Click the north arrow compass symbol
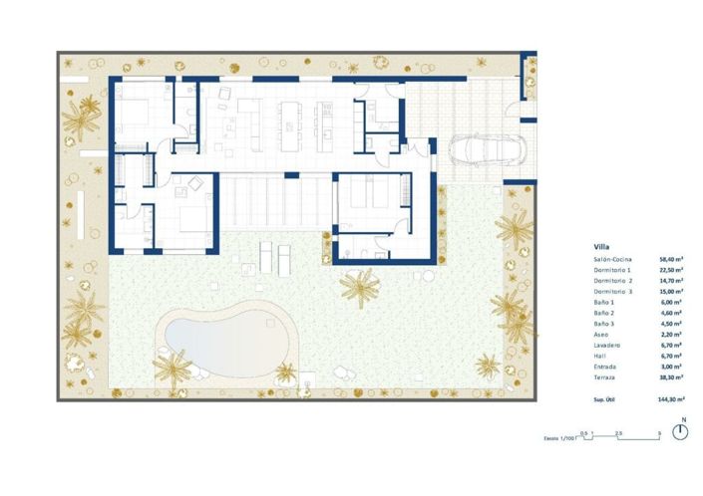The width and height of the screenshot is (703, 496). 681,432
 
